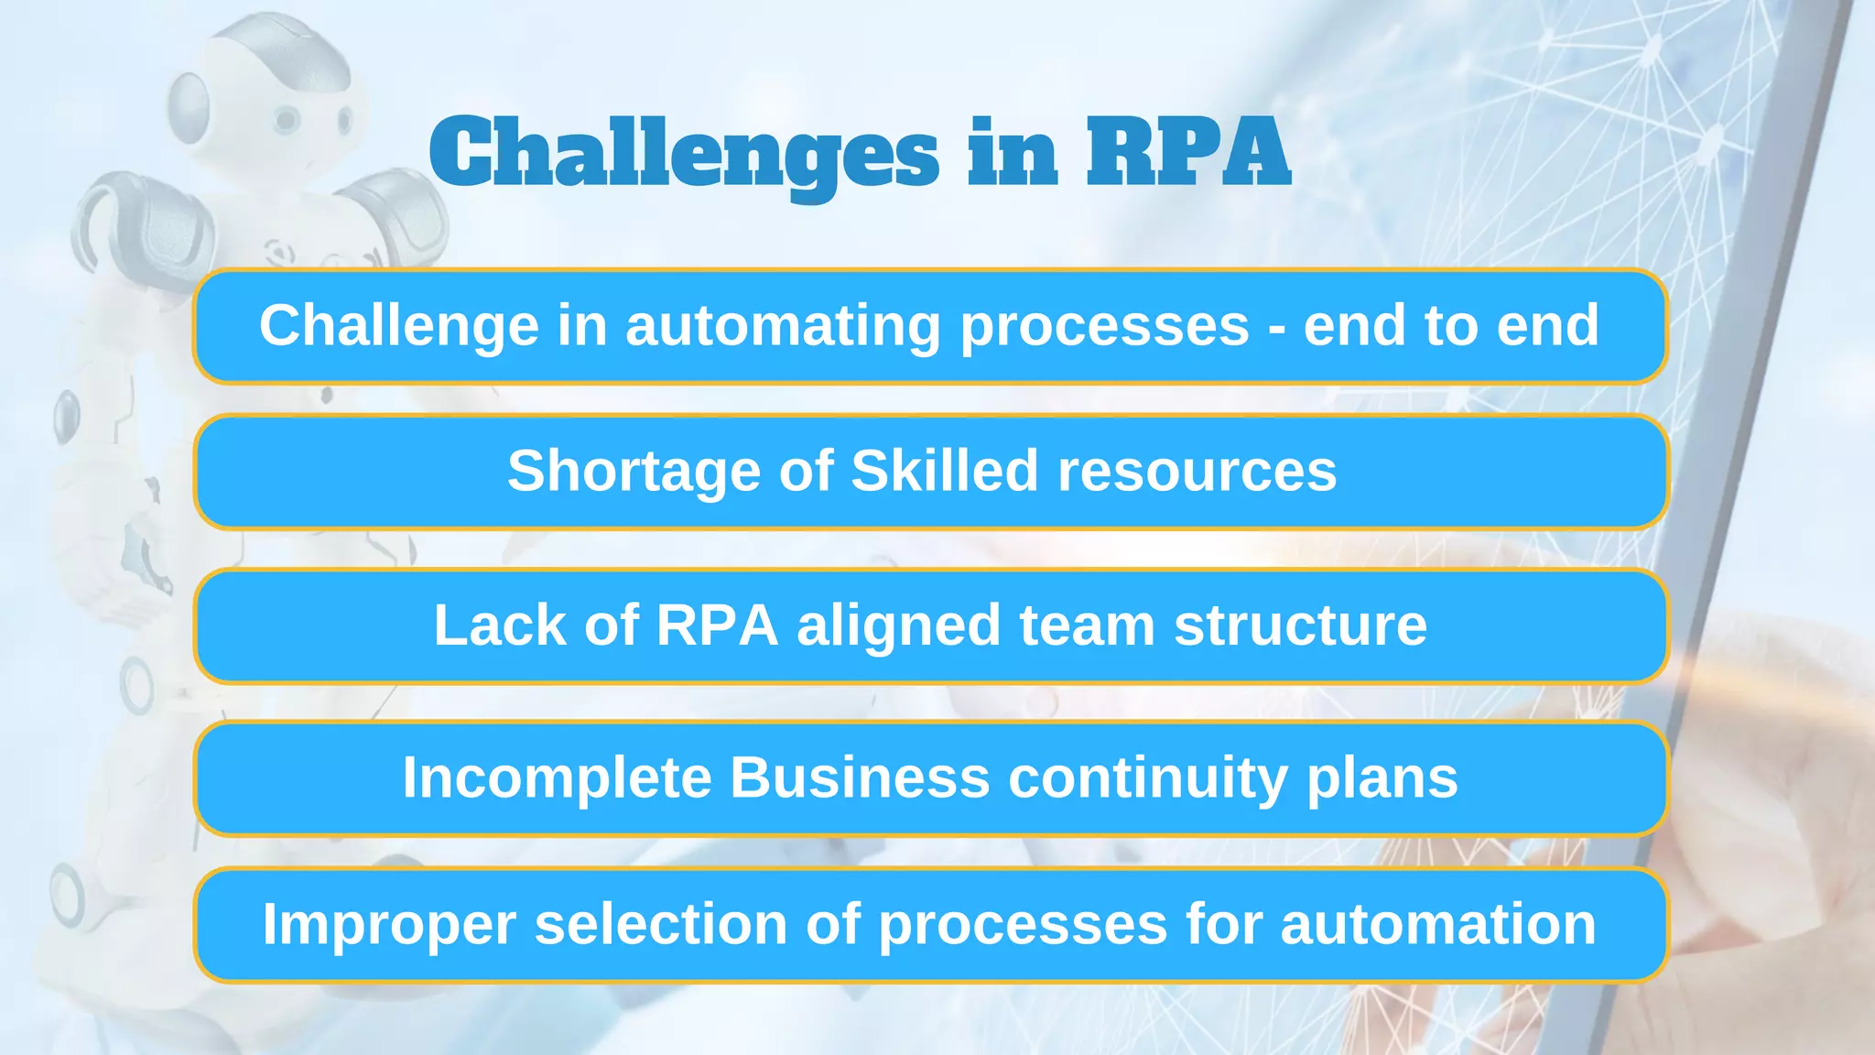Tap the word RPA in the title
point(1188,152)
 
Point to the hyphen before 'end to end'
point(1276,327)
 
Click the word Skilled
point(944,471)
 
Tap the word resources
point(1197,472)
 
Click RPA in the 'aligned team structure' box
point(717,625)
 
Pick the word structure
point(1300,625)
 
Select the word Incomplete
point(557,778)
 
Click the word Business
point(860,778)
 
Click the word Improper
point(389,924)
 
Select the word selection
point(660,924)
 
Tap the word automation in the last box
point(1438,924)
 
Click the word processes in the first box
point(1104,327)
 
